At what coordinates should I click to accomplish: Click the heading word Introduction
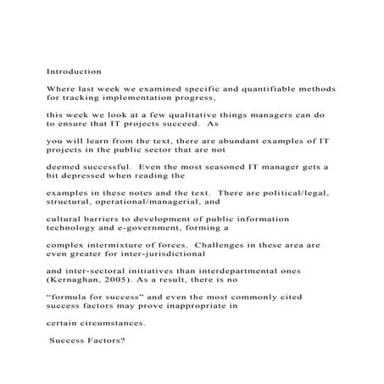74,72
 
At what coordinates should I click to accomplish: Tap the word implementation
156,98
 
